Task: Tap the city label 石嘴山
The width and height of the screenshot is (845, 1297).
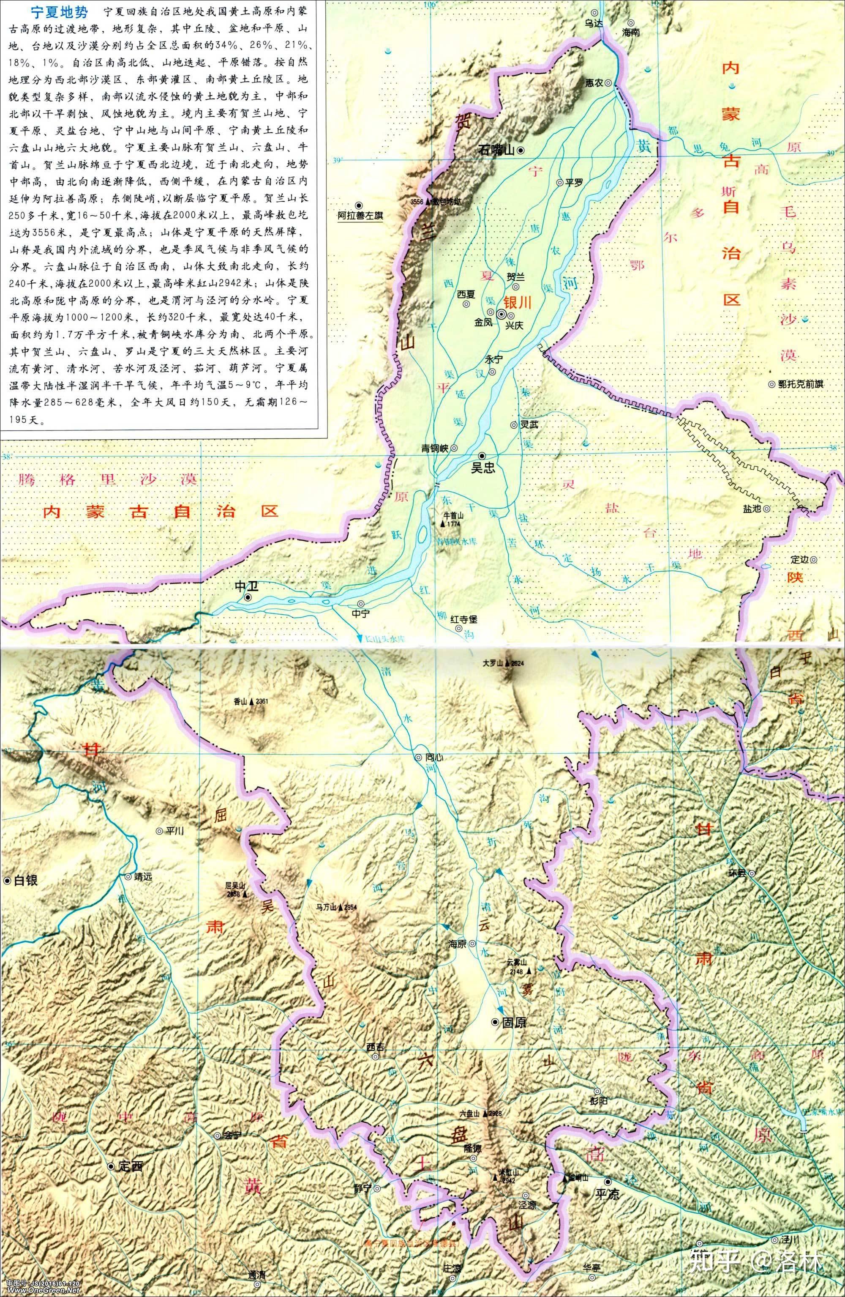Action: click(x=496, y=150)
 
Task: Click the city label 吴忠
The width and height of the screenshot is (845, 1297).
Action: click(x=482, y=468)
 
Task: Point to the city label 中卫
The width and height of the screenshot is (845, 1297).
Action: click(x=245, y=586)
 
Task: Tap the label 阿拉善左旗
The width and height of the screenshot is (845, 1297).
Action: click(x=360, y=215)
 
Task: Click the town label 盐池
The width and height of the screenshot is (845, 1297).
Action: click(x=752, y=509)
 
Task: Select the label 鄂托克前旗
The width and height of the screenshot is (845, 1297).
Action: click(x=800, y=384)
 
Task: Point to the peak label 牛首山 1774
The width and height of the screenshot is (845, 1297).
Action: click(x=453, y=518)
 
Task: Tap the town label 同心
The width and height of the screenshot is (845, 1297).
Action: click(x=431, y=757)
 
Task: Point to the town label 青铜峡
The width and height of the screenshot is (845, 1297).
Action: click(x=435, y=448)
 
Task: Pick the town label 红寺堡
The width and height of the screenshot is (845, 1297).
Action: click(x=463, y=619)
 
